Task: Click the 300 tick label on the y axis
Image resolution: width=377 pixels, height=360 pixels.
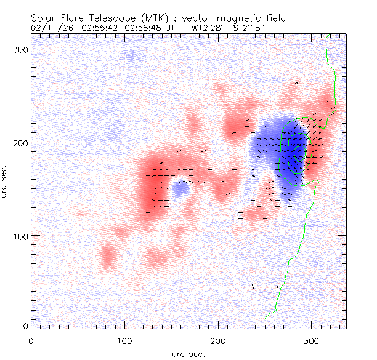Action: point(22,49)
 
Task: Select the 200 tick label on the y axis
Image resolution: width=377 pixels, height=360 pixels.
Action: point(22,142)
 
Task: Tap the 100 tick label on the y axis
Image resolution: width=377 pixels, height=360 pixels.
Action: point(22,236)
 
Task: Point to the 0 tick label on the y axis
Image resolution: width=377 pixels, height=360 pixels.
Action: point(26,326)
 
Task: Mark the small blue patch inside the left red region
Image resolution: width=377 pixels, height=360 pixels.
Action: point(179,190)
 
